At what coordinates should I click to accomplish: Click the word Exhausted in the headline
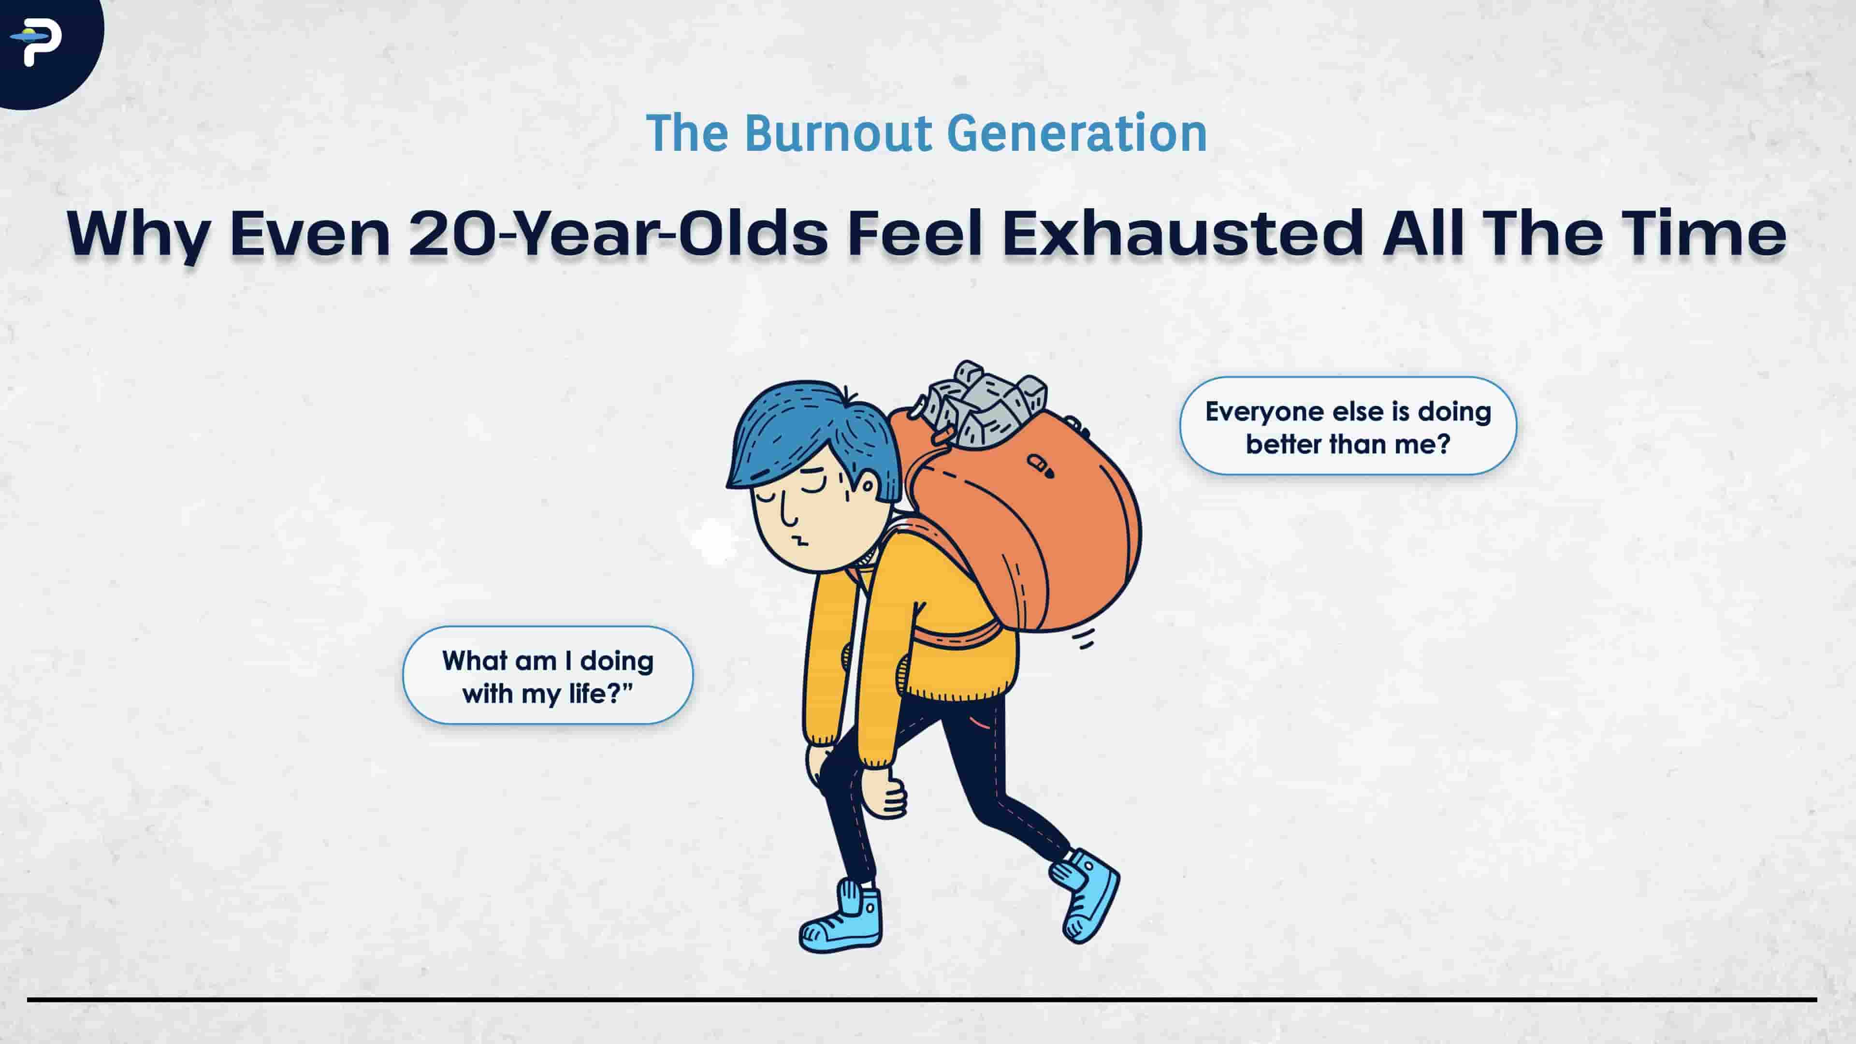[1182, 233]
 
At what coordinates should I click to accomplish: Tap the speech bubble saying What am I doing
[548, 676]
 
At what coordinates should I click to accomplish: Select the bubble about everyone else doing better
[1348, 426]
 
